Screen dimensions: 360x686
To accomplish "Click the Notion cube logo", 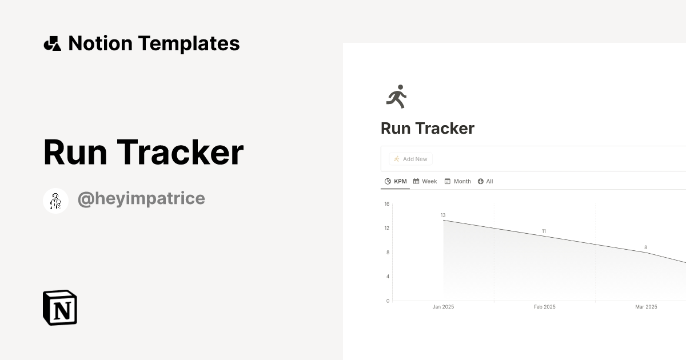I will [60, 307].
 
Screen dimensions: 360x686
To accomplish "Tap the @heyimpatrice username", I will [141, 199].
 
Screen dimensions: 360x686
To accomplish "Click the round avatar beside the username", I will [55, 201].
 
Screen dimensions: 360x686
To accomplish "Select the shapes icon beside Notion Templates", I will [52, 43].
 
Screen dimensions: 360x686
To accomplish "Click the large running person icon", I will [396, 97].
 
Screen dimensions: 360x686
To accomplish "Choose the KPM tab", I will [396, 181].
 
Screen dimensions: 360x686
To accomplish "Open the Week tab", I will [425, 181].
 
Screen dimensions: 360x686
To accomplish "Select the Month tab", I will [458, 181].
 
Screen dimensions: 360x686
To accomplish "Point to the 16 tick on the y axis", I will [387, 204].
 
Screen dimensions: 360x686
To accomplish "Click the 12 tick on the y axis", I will [387, 228].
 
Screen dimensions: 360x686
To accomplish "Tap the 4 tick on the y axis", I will [388, 277].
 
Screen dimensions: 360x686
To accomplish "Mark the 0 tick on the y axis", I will [388, 301].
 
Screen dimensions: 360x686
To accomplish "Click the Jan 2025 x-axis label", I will [443, 307].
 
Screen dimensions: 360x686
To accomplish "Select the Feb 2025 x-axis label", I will [545, 307].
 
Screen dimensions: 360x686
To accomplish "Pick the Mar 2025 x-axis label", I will [646, 307].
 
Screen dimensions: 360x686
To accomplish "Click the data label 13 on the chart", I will [443, 215].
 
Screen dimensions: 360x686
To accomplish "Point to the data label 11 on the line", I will [544, 231].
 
